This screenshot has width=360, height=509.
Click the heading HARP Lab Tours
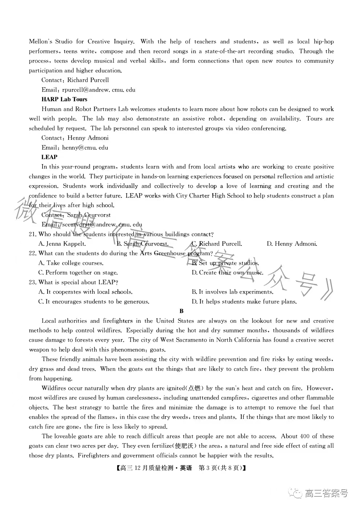pos(64,99)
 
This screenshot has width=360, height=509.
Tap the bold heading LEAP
pos(49,157)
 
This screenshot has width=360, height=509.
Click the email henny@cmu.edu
pos(85,147)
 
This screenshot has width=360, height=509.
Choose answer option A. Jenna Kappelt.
pos(62,244)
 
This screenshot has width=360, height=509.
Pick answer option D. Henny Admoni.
pos(292,244)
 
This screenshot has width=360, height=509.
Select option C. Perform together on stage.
pos(78,272)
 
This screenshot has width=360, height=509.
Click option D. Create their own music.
pos(228,272)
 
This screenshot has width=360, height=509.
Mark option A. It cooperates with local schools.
pos(85,292)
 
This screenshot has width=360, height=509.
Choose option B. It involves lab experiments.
pos(232,292)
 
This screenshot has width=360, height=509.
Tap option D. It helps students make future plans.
pos(244,301)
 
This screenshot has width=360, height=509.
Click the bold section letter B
pos(181,311)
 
